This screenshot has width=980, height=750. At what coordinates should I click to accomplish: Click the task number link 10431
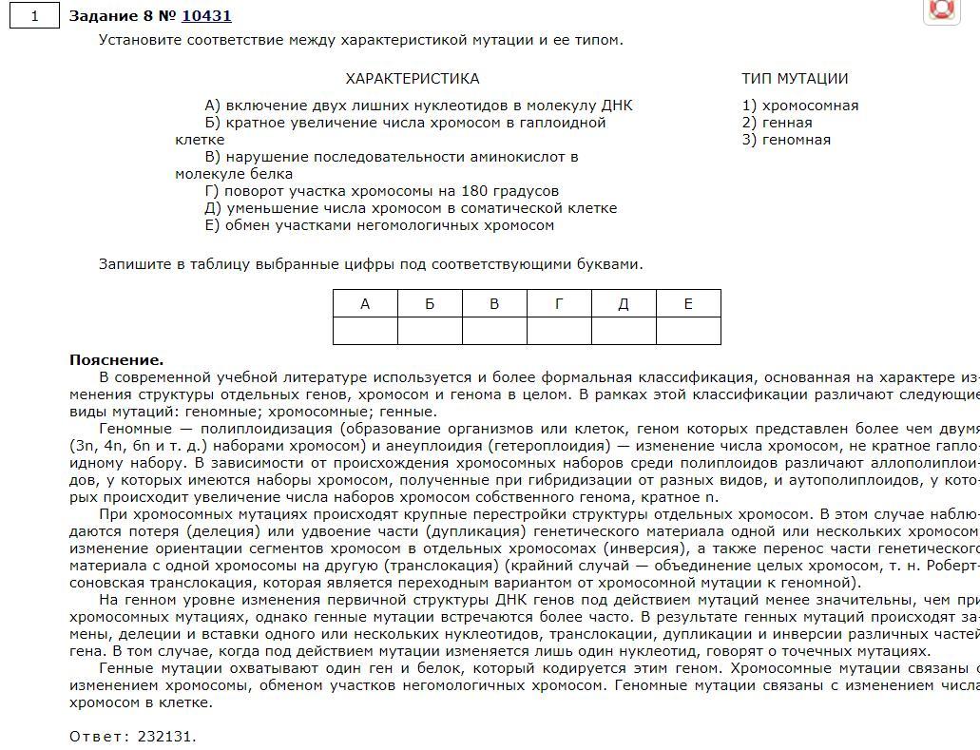pos(206,15)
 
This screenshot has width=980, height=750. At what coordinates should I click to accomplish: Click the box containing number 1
pos(34,16)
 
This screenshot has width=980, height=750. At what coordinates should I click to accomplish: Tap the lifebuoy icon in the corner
pos(941,9)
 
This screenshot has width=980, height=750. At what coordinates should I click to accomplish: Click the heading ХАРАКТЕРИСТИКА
pos(412,79)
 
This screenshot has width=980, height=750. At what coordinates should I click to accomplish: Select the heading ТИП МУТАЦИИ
pos(795,79)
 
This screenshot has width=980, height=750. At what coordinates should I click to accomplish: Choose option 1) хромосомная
pos(799,106)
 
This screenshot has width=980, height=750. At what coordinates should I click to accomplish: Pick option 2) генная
pos(777,123)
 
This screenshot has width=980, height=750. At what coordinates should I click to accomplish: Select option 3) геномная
pos(786,140)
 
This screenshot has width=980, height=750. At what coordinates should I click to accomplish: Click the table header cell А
pos(365,304)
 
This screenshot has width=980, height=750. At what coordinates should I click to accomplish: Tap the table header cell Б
pos(430,304)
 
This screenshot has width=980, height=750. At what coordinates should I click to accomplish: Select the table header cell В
pos(494,304)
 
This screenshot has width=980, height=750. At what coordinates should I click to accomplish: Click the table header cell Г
pos(559,304)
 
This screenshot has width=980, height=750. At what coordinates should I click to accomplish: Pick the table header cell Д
pos(624,304)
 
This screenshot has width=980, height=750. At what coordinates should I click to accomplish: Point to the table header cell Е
pos(688,304)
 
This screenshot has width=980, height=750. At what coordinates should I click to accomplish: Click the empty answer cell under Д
pos(624,331)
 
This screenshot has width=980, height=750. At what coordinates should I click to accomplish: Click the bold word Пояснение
pos(116,360)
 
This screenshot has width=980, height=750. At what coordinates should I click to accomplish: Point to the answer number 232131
pos(165,737)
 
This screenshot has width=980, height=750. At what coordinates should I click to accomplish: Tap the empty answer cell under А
pos(365,331)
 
